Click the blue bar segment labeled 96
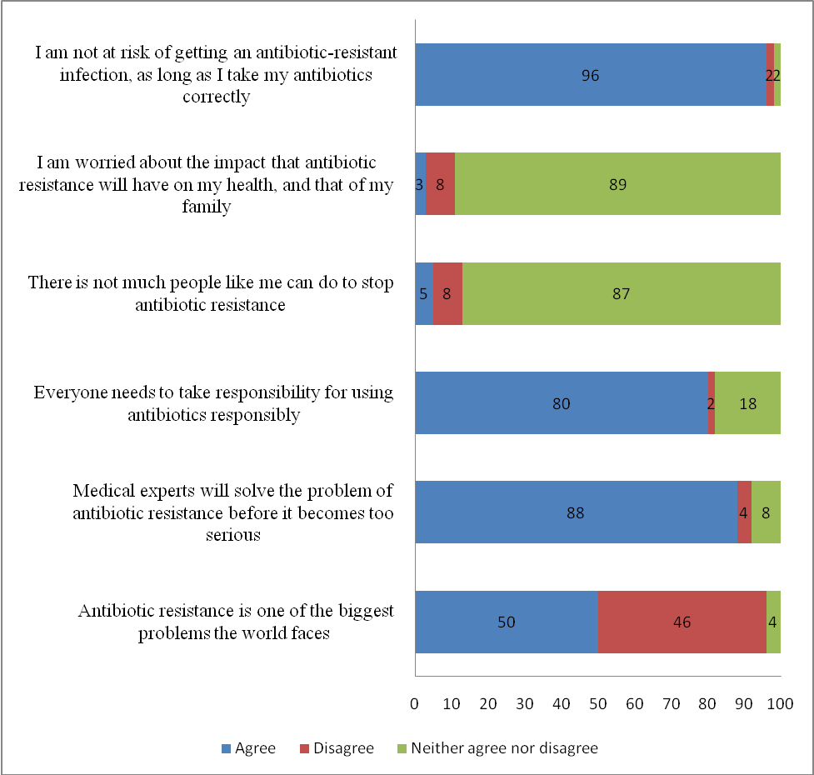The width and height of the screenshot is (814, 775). (x=590, y=75)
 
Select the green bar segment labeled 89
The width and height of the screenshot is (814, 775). (x=617, y=184)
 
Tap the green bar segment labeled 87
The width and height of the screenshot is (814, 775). (x=621, y=293)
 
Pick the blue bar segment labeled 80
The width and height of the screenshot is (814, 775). (x=561, y=403)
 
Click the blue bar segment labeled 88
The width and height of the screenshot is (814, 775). (x=576, y=512)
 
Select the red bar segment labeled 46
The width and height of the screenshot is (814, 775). (x=682, y=622)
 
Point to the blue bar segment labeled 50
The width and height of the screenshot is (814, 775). (x=507, y=622)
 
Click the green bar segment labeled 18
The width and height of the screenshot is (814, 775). (x=747, y=403)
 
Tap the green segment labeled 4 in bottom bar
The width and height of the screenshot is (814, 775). (x=773, y=622)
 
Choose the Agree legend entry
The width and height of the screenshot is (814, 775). (x=249, y=748)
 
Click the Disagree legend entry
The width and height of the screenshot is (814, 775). (x=336, y=748)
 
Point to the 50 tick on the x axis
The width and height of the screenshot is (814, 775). (x=597, y=704)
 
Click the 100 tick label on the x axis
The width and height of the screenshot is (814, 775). (x=780, y=704)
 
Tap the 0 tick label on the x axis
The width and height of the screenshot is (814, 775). (x=415, y=704)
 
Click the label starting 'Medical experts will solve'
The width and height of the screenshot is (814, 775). (x=233, y=512)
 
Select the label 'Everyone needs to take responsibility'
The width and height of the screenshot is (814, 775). (x=213, y=403)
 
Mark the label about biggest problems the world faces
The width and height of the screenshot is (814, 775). (x=235, y=622)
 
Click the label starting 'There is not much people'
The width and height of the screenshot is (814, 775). (x=210, y=293)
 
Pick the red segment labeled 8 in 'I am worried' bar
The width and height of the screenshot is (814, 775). (x=440, y=184)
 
